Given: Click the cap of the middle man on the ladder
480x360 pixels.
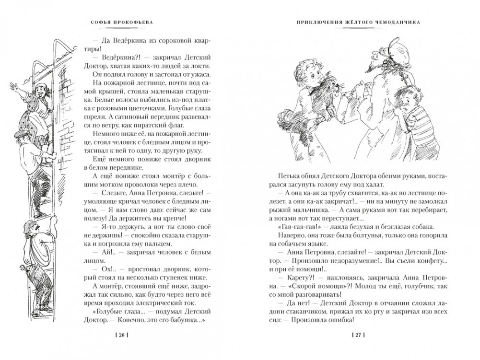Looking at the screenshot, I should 22,136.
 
